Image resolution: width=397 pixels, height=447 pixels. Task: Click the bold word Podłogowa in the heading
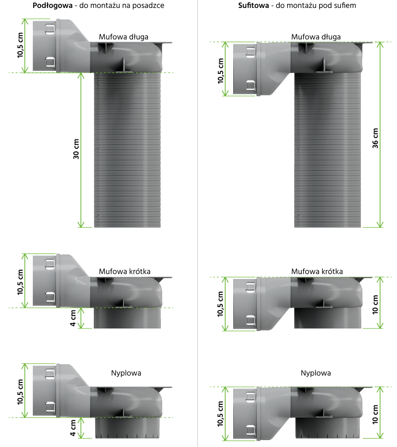point(53,5)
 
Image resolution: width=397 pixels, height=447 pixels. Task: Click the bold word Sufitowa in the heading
point(254,5)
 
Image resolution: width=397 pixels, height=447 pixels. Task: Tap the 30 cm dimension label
point(76,149)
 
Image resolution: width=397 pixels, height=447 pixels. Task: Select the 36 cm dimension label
point(375,138)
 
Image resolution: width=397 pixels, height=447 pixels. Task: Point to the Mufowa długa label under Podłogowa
point(124,37)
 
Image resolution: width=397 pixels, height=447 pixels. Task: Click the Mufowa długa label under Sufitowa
point(316,37)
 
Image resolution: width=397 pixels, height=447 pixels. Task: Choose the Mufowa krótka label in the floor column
point(125,271)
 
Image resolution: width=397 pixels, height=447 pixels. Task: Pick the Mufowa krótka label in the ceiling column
point(317,271)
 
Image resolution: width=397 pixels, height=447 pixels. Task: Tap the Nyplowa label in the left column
point(126,373)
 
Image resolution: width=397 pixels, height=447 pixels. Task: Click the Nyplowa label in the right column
point(316,373)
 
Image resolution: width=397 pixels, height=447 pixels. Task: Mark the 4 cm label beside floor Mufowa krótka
point(73,318)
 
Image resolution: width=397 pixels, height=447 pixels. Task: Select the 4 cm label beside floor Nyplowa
point(73,428)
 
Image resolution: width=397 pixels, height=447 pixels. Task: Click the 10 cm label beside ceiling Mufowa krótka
point(375,305)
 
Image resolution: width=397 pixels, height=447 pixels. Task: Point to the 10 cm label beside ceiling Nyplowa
point(375,414)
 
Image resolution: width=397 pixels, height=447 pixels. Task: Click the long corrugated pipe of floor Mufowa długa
point(128,150)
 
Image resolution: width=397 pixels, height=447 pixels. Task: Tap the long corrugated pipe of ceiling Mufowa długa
point(328,150)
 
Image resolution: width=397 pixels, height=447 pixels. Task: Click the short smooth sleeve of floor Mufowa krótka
point(127,318)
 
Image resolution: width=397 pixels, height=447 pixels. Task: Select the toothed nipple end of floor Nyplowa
point(127,428)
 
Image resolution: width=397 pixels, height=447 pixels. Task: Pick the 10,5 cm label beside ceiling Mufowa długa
point(220,71)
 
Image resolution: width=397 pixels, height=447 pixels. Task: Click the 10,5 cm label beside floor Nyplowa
point(20,392)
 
